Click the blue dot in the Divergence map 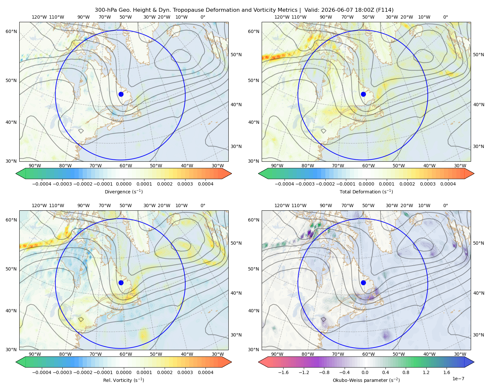click(x=121, y=94)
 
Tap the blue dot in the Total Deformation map click(x=363, y=94)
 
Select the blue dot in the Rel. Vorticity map click(x=121, y=283)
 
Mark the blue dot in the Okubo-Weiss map click(x=363, y=283)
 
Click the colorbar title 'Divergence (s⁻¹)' click(x=123, y=191)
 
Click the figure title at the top click(x=244, y=10)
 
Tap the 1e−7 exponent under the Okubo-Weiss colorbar click(x=458, y=379)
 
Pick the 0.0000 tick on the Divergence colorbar click(x=123, y=184)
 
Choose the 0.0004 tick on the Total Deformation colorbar click(x=448, y=184)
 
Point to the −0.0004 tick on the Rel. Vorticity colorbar click(x=42, y=372)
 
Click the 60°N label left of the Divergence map click(x=11, y=31)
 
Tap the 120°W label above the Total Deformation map click(x=282, y=17)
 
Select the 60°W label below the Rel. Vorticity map click(x=126, y=354)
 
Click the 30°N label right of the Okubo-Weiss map click(x=479, y=335)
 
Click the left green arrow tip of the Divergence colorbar click(x=16, y=173)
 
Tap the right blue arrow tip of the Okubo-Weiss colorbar click(x=474, y=362)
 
